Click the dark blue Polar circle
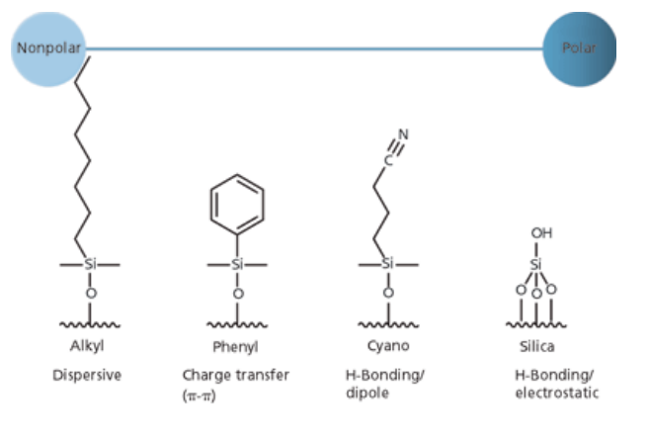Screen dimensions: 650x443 coord(580,46)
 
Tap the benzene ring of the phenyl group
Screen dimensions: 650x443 coord(237,206)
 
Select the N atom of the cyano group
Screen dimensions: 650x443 coord(403,134)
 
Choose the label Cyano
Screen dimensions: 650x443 coord(387,347)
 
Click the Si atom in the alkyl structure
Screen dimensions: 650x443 coord(90,265)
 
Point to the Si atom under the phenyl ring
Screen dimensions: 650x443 coord(237,265)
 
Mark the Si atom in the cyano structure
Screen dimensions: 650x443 coord(387,265)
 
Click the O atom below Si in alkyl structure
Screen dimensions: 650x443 coord(90,293)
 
